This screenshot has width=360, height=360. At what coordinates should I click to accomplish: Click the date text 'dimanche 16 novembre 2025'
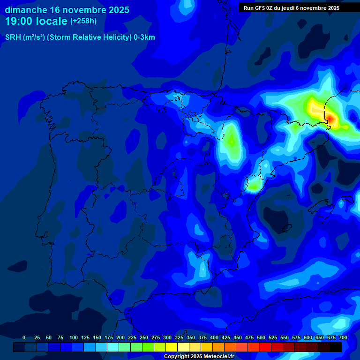[x=67, y=10]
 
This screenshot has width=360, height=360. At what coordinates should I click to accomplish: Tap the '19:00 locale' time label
[x=36, y=21]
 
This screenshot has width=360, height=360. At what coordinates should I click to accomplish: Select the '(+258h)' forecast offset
[x=83, y=21]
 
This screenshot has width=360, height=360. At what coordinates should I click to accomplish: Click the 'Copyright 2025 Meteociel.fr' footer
[x=199, y=356]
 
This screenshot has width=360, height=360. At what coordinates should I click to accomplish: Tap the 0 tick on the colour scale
[x=24, y=337]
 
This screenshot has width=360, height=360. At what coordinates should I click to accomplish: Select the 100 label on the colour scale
[x=74, y=337]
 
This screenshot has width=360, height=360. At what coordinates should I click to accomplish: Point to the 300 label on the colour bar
[x=167, y=337]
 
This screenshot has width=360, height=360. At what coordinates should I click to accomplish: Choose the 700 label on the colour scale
[x=343, y=337]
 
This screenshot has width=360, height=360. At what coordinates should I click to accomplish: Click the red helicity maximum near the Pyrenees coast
[x=330, y=119]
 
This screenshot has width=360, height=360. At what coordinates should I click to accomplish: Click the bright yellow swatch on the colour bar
[x=172, y=347]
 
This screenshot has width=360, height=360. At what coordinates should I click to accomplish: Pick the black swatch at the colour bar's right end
[x=336, y=347]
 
